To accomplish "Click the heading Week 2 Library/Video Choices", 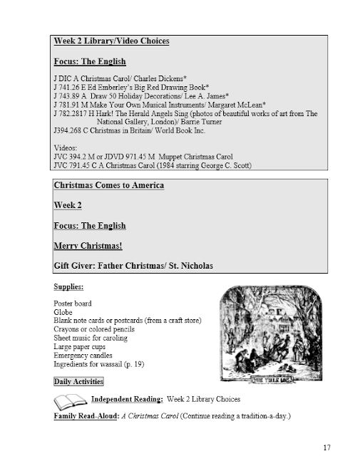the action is click(x=111, y=41).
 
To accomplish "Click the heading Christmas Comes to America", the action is click(x=109, y=186).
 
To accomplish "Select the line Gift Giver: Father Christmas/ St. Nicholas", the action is click(x=133, y=266).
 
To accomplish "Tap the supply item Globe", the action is click(x=63, y=313).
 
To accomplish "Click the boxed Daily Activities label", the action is click(x=78, y=382).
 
